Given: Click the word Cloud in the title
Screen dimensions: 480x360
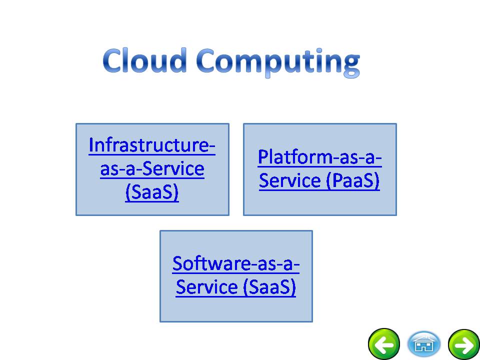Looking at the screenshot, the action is point(144,60).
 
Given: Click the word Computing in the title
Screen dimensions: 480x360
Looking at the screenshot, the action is point(278,63).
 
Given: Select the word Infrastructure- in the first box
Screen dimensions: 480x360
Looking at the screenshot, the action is point(152,145).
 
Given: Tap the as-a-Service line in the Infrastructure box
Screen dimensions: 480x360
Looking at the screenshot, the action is point(152,168).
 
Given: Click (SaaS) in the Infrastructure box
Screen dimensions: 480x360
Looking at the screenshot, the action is point(152,192).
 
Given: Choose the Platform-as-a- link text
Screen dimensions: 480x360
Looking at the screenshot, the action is point(319,157).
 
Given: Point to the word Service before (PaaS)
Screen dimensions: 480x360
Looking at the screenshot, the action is point(289,180).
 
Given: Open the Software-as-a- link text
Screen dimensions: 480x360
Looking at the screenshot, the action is point(235,263).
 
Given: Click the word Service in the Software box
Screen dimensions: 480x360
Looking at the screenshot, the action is point(206,287).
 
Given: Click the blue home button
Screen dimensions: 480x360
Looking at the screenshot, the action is point(423,344).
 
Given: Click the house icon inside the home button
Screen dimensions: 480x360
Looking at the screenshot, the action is point(423,344).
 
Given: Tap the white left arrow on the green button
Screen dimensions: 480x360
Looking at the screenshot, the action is point(384,345).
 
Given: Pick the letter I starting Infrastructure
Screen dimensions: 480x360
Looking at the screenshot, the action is point(90,145).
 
